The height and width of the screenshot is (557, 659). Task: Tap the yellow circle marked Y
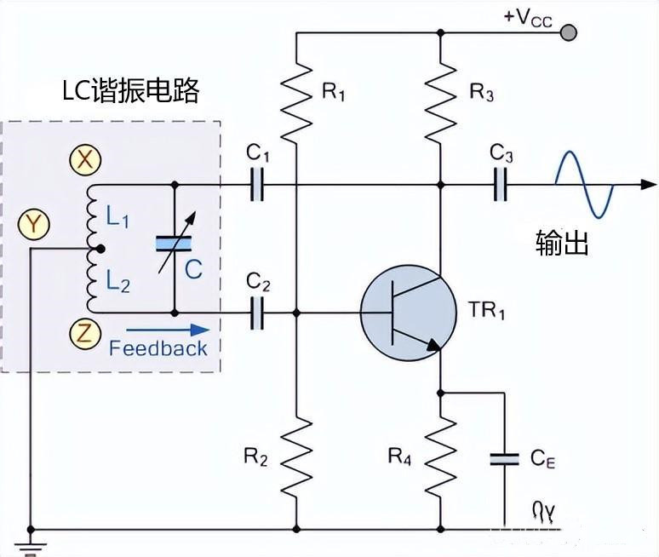pyautogui.click(x=33, y=224)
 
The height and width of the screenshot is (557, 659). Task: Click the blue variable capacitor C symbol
pyautogui.click(x=173, y=244)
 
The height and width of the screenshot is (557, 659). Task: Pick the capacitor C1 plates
pyautogui.click(x=258, y=184)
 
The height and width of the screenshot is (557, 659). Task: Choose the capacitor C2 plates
pyautogui.click(x=258, y=313)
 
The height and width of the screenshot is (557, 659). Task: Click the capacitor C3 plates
pyautogui.click(x=501, y=184)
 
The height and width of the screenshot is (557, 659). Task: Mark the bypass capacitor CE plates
pyautogui.click(x=504, y=460)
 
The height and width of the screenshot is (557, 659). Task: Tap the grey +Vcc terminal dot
pyautogui.click(x=569, y=32)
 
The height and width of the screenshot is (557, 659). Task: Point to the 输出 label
pyautogui.click(x=562, y=243)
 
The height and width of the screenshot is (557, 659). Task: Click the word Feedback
pyautogui.click(x=158, y=348)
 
